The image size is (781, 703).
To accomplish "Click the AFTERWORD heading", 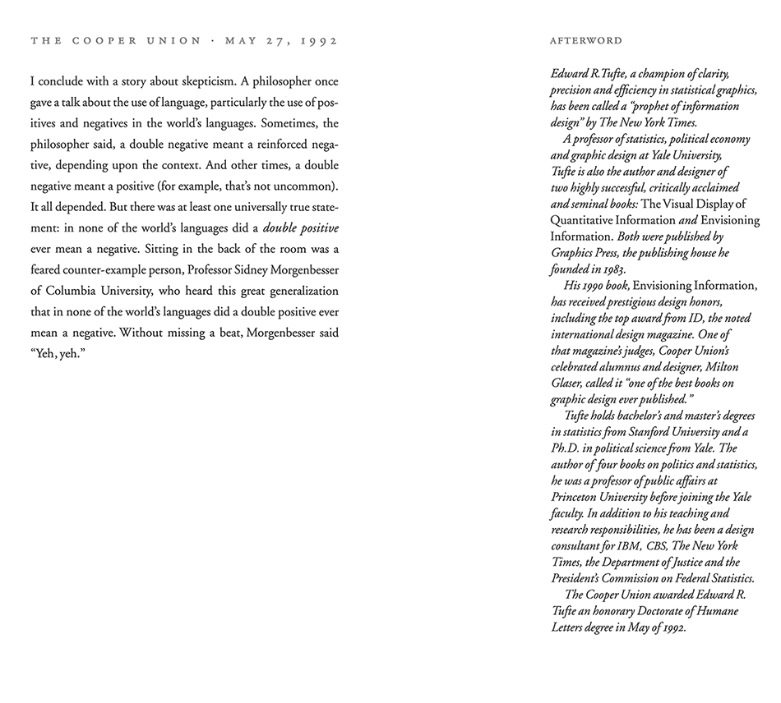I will (x=586, y=40).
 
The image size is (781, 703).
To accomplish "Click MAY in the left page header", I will (x=240, y=40).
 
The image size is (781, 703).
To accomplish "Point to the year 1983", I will (x=611, y=269).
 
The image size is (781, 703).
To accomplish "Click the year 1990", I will (x=598, y=286).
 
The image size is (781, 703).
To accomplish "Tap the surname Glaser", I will (x=568, y=384).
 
